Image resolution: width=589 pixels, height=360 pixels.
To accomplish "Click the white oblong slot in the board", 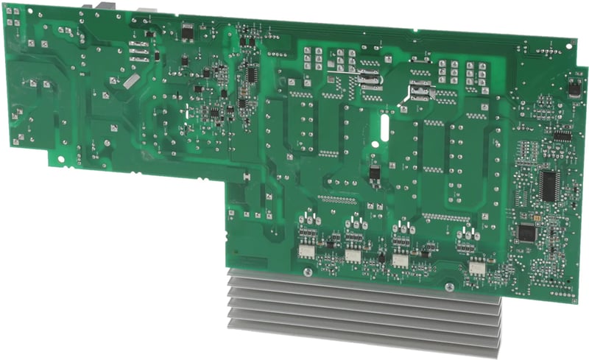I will point(383,126).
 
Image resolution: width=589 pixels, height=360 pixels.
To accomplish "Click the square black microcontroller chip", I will point(526,233).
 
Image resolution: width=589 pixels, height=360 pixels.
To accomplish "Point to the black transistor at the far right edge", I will point(573,89).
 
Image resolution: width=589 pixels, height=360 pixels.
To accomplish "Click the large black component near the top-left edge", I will point(188,32).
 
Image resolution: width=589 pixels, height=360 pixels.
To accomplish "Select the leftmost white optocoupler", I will point(305,251).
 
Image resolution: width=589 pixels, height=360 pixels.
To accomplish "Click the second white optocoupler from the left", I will point(352,256).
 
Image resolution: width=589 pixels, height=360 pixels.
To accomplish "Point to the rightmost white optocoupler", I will point(477,267).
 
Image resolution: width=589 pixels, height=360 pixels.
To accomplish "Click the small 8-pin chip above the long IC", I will point(562,136).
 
